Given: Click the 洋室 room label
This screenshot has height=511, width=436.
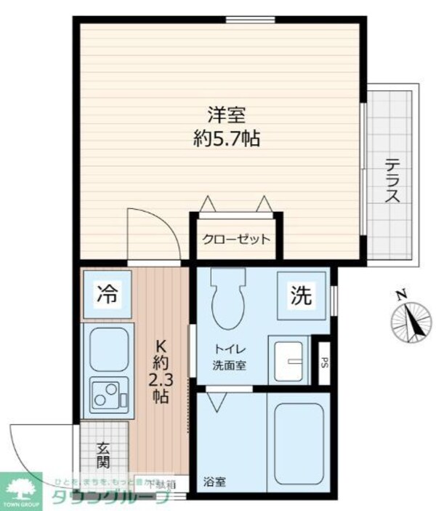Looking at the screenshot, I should click(x=226, y=114).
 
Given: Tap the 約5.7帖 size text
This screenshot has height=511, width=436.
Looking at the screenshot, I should click(x=226, y=138).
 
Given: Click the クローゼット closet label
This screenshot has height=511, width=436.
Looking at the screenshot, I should click(x=236, y=239).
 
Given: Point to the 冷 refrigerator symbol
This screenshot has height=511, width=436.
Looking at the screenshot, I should click(x=106, y=295).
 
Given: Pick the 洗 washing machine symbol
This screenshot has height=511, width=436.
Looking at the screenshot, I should click(x=302, y=296).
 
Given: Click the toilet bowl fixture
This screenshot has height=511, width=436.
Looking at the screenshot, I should click(x=228, y=299).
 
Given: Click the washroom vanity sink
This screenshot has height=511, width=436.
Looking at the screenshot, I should click(x=291, y=358).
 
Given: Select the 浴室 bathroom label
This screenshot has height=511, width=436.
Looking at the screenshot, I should click(x=214, y=482).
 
